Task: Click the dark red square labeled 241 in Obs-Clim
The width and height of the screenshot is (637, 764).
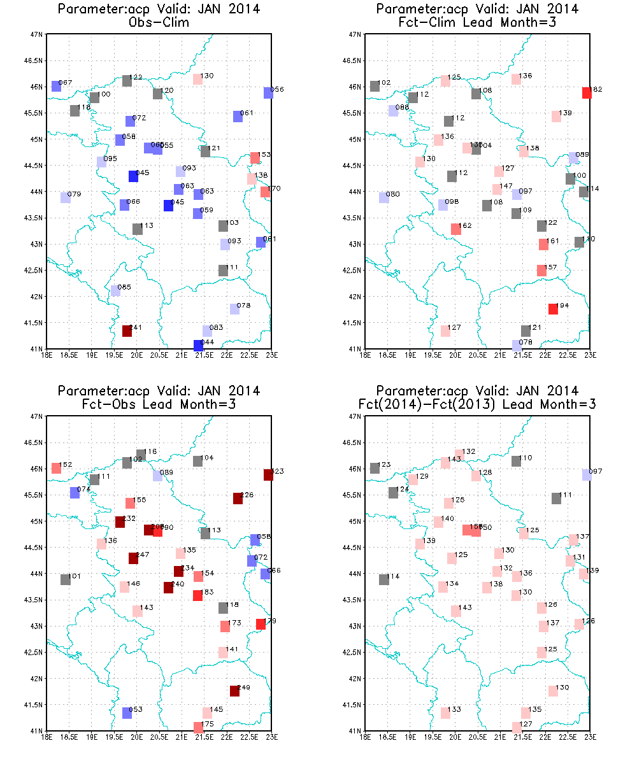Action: [127, 331]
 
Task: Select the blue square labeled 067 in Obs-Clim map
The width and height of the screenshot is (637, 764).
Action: [56, 87]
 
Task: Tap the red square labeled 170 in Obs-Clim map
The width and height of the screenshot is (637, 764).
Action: [265, 192]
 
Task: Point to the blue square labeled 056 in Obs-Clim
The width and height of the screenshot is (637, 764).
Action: [268, 93]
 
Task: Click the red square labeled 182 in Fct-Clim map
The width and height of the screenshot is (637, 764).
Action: [587, 93]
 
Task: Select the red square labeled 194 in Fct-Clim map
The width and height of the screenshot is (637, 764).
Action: [553, 309]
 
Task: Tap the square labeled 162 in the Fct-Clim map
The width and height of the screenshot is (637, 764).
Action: [455, 229]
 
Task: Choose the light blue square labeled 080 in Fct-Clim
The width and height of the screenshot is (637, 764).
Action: [383, 198]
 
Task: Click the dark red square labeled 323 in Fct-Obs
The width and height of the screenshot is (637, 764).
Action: [268, 475]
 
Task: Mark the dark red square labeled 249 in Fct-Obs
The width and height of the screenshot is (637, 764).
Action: [234, 691]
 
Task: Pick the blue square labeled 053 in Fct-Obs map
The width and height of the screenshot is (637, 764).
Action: [127, 713]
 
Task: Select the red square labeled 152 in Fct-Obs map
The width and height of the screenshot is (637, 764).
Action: [56, 468]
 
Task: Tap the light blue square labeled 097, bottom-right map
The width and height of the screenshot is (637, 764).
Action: [587, 475]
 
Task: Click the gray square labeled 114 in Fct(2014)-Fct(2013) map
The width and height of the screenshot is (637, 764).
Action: [383, 579]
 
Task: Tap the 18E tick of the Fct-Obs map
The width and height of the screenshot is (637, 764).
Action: [47, 737]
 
